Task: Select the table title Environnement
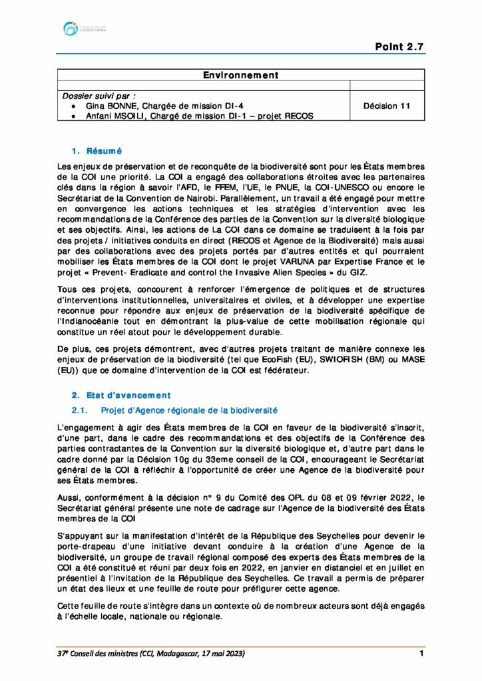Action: [x=240, y=76]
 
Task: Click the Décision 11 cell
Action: [x=387, y=106]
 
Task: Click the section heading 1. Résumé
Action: [x=96, y=151]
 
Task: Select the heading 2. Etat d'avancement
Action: [x=120, y=395]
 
